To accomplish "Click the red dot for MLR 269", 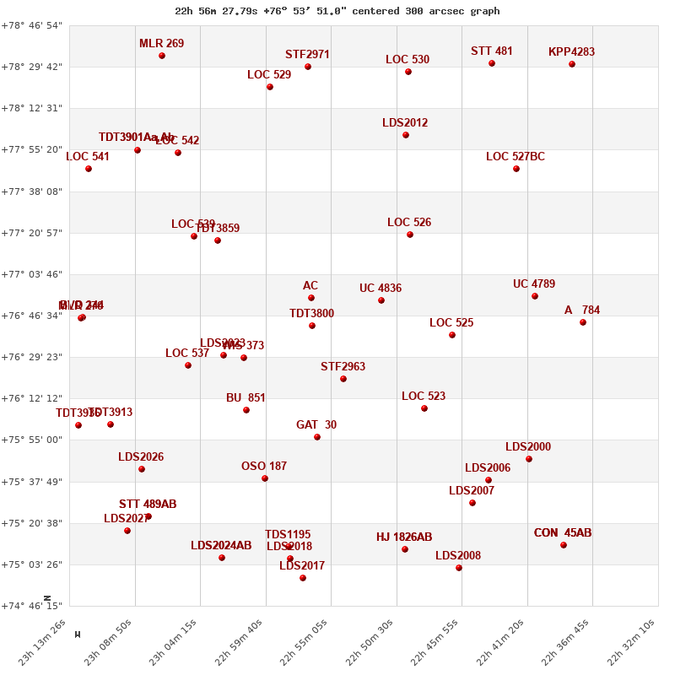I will pos(162,56).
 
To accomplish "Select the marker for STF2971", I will pos(308,67).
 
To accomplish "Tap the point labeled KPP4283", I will pos(572,64).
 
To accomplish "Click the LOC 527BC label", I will pos(516,157).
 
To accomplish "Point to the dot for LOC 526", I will pos(410,235).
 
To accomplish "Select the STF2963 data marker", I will pos(343,379).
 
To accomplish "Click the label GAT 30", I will pos(316,425).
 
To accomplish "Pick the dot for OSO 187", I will pos(265,478).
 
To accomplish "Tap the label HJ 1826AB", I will pos(404,537).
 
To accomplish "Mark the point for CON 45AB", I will pos(564,545).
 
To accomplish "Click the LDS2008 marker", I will pos(459,568).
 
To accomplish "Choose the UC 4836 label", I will pos(381,289).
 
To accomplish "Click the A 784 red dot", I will pos(583,322).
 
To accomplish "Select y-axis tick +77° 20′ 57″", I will pos(32,233).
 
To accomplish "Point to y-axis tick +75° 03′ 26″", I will pos(32,564).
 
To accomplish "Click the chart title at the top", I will pos(337,11).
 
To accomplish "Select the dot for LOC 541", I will pos(89,169).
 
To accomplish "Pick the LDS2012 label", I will pos(405,123).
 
